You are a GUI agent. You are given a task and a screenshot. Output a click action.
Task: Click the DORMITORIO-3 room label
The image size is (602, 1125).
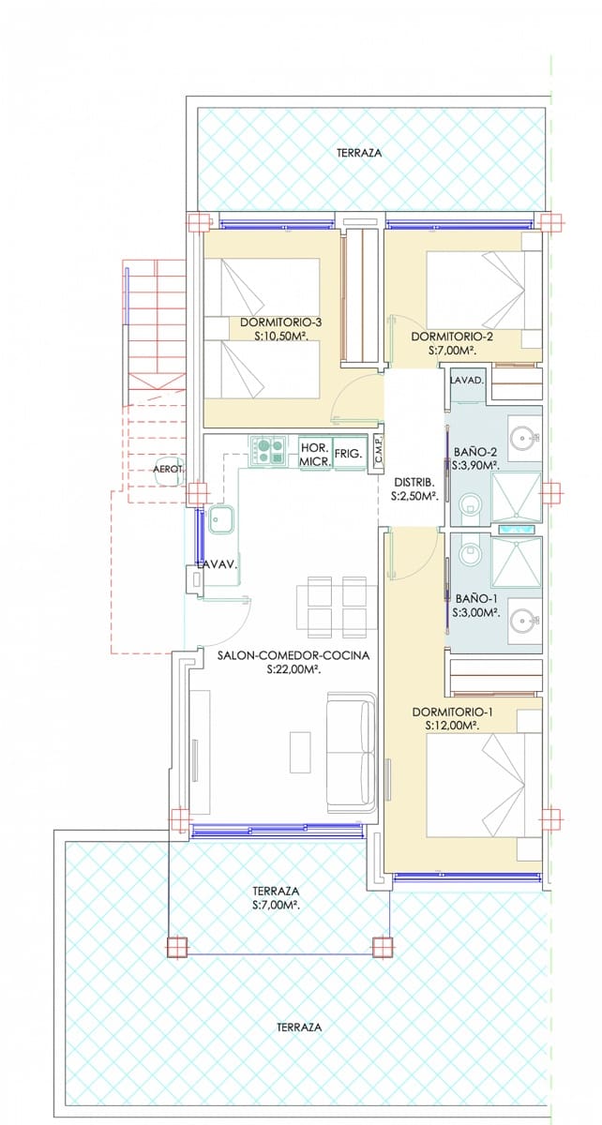tap(280, 322)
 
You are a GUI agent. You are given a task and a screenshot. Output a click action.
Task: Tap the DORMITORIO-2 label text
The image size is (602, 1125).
tap(452, 336)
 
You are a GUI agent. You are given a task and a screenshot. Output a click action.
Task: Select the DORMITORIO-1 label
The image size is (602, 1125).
tap(452, 712)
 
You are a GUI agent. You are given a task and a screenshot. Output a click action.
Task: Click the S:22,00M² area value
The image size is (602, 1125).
tap(293, 669)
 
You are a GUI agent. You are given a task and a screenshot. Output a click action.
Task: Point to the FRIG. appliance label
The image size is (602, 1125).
tap(348, 453)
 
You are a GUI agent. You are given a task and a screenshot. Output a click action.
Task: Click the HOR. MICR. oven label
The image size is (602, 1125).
tap(315, 454)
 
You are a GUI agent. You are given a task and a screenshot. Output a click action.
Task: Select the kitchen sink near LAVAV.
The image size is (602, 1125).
tap(221, 519)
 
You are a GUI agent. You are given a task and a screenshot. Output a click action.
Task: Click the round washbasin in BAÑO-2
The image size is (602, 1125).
tap(522, 438)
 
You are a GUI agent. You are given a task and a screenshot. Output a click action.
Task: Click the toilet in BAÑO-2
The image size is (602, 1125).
tap(471, 503)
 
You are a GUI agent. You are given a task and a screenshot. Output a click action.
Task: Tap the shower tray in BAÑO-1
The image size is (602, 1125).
tap(517, 562)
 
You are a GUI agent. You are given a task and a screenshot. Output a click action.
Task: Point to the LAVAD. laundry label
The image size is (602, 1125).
tap(467, 381)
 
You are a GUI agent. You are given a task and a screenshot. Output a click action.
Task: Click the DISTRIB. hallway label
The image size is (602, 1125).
tap(414, 483)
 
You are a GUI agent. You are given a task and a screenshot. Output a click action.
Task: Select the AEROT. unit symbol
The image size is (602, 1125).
tap(170, 471)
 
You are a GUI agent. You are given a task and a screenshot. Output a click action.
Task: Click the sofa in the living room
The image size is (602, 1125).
tap(352, 751)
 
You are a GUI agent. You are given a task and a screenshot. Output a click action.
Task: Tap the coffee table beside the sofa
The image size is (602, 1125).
tap(300, 751)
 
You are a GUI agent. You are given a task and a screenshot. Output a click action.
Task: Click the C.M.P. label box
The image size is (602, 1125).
tap(377, 455)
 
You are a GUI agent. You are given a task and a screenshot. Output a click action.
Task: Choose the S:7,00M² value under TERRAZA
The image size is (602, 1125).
tap(276, 905)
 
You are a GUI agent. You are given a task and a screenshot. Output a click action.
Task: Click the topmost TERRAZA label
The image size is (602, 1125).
tap(359, 153)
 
